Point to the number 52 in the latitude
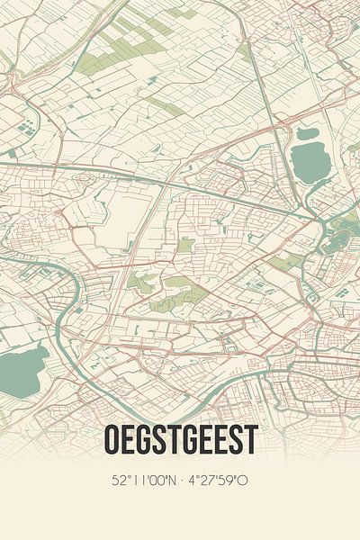tap(121, 481)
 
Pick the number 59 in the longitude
tap(229, 481)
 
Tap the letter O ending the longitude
tap(245, 481)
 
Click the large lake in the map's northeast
tap(310, 162)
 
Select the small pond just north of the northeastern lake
tap(306, 133)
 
